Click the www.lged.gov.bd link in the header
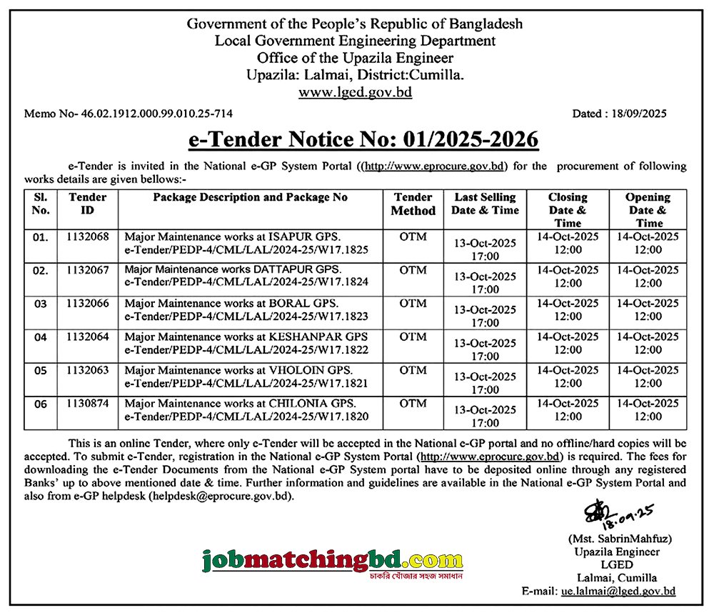click(x=355, y=92)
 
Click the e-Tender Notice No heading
click(x=363, y=139)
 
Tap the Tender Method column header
click(x=413, y=204)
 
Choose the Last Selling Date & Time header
click(x=484, y=204)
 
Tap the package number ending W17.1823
click(x=246, y=315)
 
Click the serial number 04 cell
click(x=41, y=337)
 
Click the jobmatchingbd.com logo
click(x=332, y=558)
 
